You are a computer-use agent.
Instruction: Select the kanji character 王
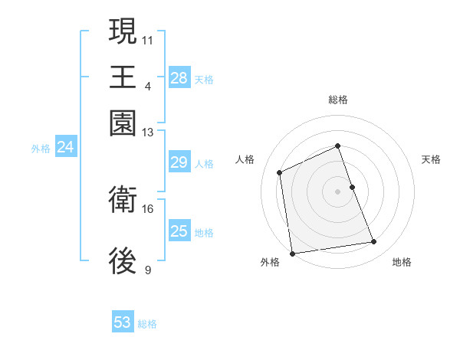(123, 77)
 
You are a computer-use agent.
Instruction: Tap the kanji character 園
(123, 123)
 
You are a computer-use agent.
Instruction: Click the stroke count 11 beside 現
(148, 39)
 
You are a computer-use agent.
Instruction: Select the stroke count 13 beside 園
(148, 133)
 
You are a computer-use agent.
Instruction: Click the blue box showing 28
(179, 78)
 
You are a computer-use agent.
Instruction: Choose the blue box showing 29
(179, 162)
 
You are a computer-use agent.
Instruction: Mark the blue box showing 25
(179, 231)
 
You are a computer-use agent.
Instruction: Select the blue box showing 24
(65, 148)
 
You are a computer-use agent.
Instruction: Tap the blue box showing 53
(123, 322)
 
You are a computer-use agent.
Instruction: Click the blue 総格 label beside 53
(147, 324)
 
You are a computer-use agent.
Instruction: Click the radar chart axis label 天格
(431, 159)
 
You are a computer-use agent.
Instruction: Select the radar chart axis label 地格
(402, 263)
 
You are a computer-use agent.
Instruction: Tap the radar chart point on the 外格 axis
(292, 253)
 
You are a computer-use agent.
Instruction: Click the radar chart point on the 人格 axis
(280, 172)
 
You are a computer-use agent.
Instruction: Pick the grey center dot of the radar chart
(337, 191)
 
